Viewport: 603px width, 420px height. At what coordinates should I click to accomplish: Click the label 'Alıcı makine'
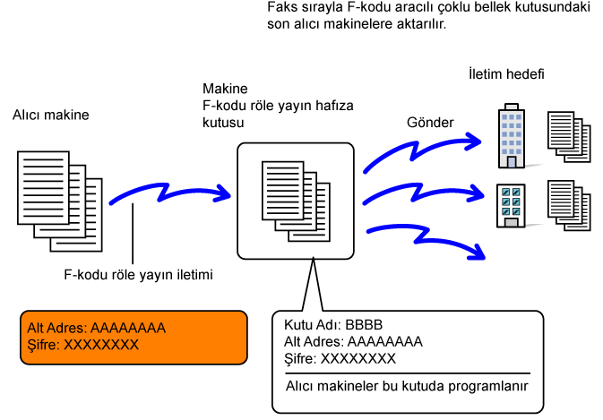(x=51, y=115)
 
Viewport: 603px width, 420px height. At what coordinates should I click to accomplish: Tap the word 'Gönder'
(x=430, y=123)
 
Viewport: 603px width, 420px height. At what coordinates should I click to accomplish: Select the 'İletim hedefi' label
(x=506, y=73)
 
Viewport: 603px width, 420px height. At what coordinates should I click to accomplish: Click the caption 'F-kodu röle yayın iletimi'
(x=139, y=275)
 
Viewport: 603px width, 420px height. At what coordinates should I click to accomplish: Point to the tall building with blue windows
(x=512, y=135)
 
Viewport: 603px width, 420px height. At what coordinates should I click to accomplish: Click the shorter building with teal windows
(x=511, y=206)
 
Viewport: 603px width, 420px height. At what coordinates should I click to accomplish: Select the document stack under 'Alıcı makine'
(x=60, y=201)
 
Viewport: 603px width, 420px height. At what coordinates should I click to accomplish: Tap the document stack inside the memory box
(x=296, y=201)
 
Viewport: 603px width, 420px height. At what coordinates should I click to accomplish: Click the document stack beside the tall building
(x=569, y=137)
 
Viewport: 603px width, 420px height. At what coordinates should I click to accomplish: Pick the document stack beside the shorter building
(x=569, y=206)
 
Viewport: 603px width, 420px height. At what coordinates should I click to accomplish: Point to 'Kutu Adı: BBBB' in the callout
(x=333, y=325)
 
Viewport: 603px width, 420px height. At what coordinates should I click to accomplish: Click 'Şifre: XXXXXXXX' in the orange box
(x=83, y=345)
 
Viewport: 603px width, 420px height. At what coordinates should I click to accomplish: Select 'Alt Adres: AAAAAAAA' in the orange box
(x=97, y=328)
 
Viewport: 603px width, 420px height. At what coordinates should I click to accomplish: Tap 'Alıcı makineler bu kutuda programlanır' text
(x=407, y=386)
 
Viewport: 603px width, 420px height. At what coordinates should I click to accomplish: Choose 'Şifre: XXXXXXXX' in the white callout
(x=340, y=358)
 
